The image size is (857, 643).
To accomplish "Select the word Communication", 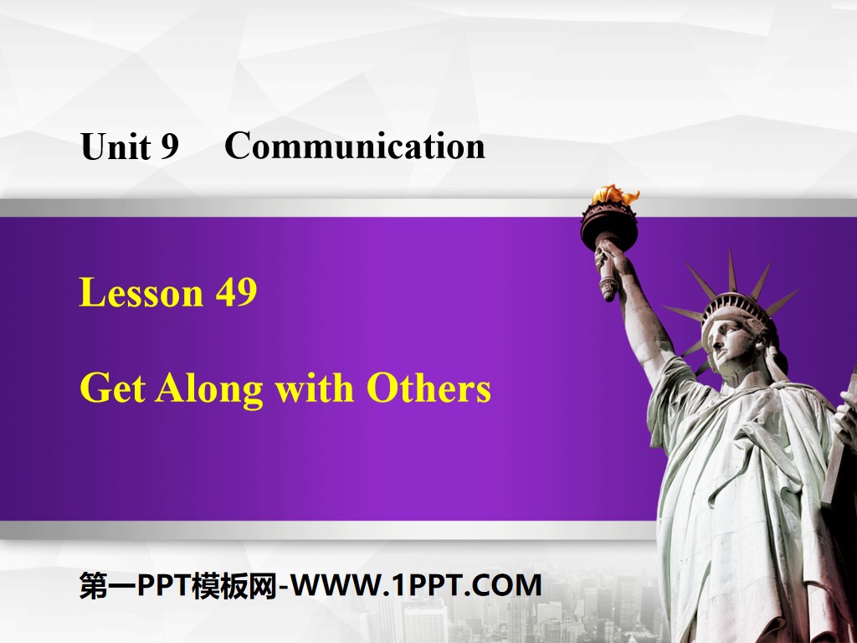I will (354, 147).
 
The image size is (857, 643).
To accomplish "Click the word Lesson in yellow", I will (141, 294).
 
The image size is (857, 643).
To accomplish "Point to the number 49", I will (235, 294).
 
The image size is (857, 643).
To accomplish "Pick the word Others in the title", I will (428, 388).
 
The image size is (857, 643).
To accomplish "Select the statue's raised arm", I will (640, 318).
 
